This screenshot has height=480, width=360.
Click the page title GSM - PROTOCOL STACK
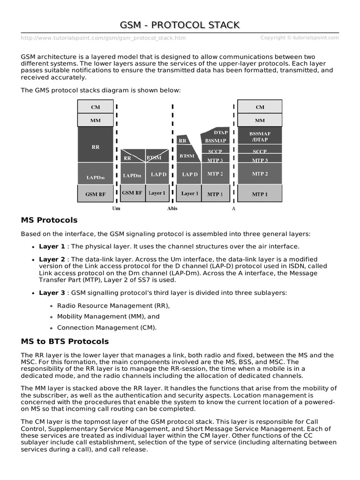180,24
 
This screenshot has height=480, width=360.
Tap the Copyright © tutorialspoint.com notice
300,38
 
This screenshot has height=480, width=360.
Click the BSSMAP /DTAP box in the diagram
260,136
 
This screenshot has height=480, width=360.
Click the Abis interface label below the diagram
172,208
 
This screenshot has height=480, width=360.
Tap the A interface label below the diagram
233,208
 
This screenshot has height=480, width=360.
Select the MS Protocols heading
49,220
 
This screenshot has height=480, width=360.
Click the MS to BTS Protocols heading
65,341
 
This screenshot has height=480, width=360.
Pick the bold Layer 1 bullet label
52,247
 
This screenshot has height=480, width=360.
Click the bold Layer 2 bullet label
52,259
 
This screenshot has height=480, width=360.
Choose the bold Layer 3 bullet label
52,293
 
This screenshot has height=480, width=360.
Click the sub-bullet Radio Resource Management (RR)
113,306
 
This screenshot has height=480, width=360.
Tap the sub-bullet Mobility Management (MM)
108,316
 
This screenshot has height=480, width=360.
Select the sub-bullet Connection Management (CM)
107,328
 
